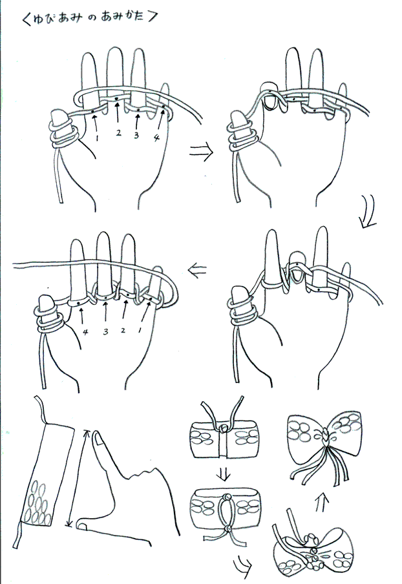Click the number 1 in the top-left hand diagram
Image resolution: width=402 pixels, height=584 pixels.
[x=97, y=138]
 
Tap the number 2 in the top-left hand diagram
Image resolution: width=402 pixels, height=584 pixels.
[x=118, y=132]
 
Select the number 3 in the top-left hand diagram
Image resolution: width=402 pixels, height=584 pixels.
[x=136, y=135]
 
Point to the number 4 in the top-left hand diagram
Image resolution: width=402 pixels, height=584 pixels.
[x=156, y=138]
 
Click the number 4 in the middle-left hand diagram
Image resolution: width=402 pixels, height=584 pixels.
[x=85, y=331]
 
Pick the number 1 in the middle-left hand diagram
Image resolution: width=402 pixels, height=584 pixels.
[x=140, y=330]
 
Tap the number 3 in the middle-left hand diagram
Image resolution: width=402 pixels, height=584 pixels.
[x=105, y=331]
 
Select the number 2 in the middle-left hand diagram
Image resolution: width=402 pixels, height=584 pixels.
[x=123, y=330]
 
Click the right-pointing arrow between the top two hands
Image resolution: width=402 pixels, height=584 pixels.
[x=201, y=152]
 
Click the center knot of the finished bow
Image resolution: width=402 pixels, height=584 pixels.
[x=325, y=434]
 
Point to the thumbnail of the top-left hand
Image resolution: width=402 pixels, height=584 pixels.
[x=58, y=117]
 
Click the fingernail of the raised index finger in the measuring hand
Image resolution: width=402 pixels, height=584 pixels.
[x=99, y=440]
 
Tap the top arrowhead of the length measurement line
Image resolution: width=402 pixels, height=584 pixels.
[x=87, y=432]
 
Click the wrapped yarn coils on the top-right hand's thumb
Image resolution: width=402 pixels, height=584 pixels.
[x=242, y=137]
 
